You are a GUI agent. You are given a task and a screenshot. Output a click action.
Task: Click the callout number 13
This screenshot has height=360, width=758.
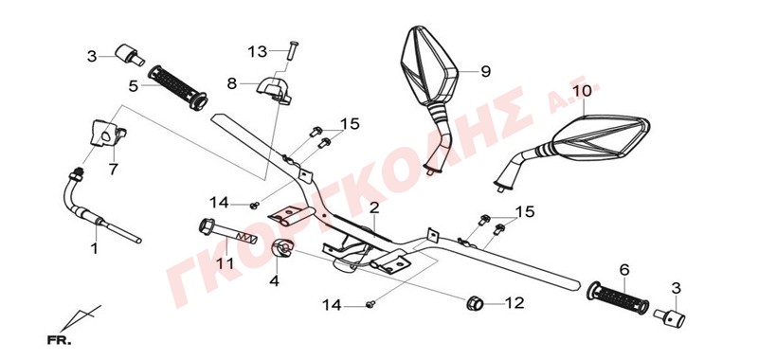(x=258, y=51)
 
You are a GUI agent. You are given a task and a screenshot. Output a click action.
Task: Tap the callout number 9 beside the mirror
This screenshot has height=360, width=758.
(x=485, y=71)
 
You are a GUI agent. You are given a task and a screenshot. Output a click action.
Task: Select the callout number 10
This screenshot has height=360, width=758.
(x=583, y=91)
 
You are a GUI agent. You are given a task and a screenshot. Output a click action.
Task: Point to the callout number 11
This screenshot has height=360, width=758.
(x=226, y=263)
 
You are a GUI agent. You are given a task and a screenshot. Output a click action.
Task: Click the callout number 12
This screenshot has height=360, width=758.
(x=514, y=303)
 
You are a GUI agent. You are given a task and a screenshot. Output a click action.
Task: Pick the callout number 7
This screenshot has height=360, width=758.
(x=113, y=170)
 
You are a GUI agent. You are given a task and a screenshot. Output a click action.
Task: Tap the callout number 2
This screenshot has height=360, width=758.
(x=373, y=208)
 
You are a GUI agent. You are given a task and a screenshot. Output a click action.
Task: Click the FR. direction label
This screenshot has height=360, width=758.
(x=59, y=341)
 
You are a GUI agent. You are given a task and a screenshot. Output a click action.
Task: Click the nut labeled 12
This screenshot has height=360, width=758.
(x=475, y=303)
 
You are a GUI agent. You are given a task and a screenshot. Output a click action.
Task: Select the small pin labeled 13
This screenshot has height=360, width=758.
(x=293, y=50)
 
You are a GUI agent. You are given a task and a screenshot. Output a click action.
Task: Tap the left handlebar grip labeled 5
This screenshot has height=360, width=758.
(x=177, y=88)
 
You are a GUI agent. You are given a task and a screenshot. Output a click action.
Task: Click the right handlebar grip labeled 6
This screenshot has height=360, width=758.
(x=618, y=299)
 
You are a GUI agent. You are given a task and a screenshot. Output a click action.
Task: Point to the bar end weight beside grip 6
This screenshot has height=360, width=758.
(x=670, y=318)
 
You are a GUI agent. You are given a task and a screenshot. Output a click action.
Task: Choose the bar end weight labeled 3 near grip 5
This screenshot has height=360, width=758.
(x=129, y=54)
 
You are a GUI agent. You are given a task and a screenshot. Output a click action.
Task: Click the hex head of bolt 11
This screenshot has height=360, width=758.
(x=207, y=226)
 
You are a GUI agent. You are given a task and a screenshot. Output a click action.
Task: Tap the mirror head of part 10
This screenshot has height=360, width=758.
(x=600, y=137)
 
